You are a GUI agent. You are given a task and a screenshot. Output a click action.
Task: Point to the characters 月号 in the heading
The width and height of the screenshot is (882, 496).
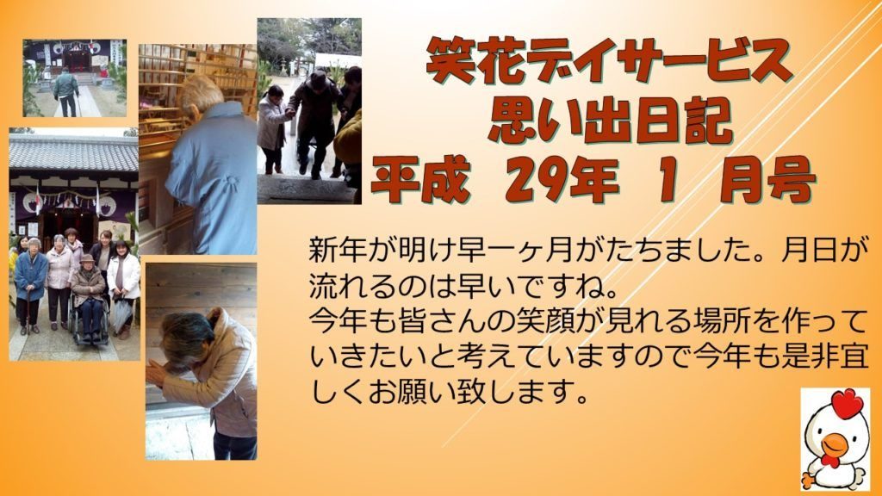pos(767,180)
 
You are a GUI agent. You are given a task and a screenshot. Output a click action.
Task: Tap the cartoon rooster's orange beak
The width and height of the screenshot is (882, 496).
pos(835,445)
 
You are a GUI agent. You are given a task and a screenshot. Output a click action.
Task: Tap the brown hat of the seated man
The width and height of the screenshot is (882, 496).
pos(88,258)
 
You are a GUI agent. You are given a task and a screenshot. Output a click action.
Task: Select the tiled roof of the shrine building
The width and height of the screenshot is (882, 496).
pos(74,154)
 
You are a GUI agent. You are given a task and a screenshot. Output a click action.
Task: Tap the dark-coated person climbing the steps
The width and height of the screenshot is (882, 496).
pos(316,120)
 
